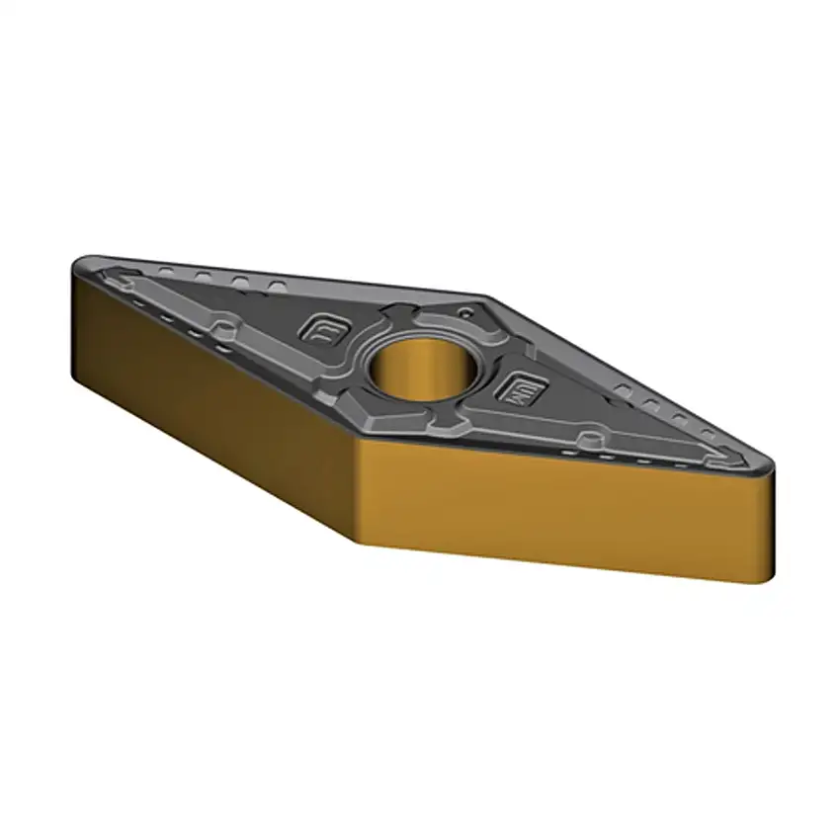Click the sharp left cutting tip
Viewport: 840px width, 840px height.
[x=79, y=265]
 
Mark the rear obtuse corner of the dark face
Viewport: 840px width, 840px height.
[x=484, y=296]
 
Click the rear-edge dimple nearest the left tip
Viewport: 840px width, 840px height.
[x=168, y=269]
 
